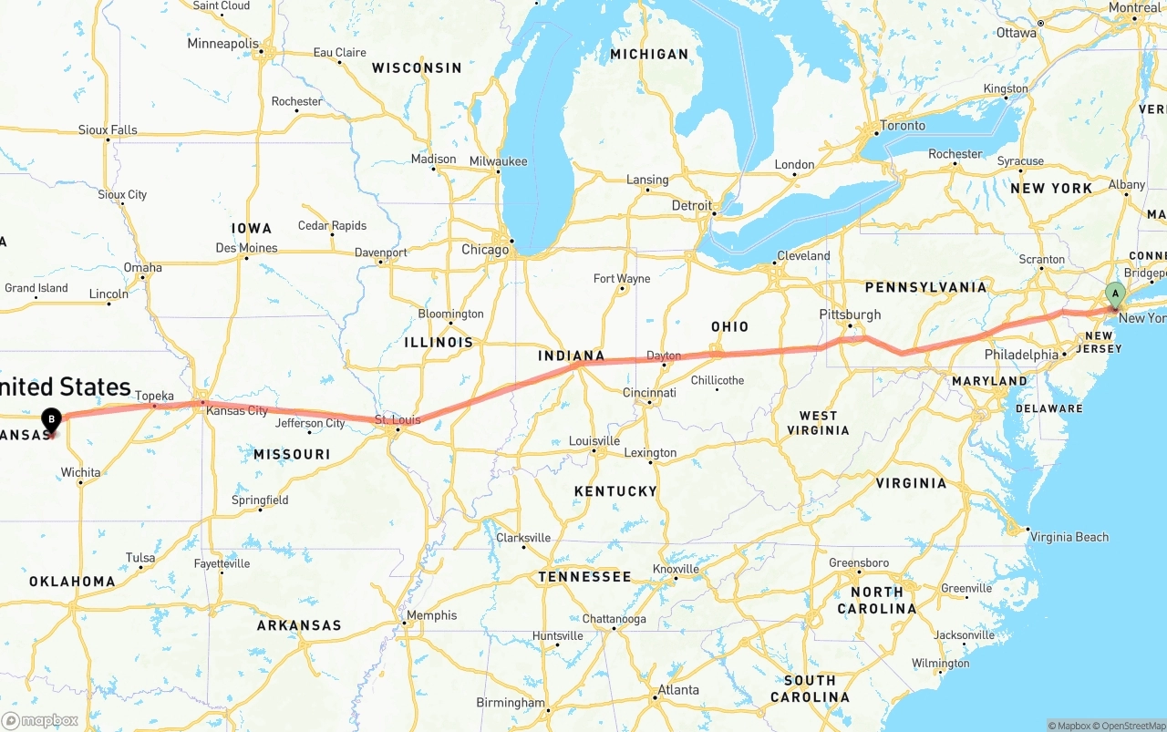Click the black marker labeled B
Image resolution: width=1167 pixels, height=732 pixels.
tap(52, 420)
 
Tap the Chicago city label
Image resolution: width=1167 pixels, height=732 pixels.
tap(485, 250)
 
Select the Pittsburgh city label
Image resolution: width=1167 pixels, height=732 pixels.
tap(850, 314)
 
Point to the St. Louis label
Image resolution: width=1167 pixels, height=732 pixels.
tap(398, 420)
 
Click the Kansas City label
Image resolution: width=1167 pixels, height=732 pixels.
tap(237, 411)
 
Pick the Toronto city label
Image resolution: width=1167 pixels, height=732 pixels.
tap(903, 126)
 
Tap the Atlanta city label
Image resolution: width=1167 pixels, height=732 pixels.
tap(678, 690)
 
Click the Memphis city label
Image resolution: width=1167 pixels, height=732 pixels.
tap(431, 615)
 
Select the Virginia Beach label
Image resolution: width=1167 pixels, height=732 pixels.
tap(1069, 537)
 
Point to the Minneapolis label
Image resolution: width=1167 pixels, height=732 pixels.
tap(223, 44)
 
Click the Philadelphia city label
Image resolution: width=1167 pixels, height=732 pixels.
tap(1021, 355)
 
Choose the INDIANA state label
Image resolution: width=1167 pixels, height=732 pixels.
tap(572, 356)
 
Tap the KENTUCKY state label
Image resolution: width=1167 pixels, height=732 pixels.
tap(615, 491)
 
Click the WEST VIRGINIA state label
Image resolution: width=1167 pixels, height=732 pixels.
tap(818, 423)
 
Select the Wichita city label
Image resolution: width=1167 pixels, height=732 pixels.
tap(80, 472)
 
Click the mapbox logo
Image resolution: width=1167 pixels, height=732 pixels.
tap(39, 720)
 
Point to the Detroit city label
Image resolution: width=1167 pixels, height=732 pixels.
tap(691, 206)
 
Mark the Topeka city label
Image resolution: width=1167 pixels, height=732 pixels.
tap(154, 396)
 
